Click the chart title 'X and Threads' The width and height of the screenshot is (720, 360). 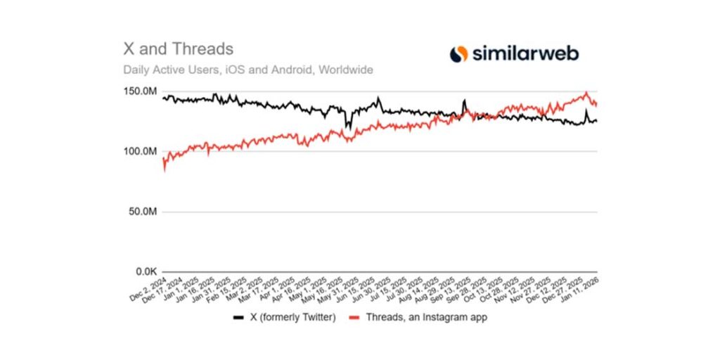coord(179,49)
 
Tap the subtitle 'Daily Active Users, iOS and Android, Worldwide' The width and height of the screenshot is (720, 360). coord(247,70)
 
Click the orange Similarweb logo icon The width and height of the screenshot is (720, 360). coord(458,53)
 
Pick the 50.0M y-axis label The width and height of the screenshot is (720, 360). coord(142,212)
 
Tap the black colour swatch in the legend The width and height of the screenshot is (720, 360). coord(238,318)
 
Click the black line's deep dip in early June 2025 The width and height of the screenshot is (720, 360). coord(347,127)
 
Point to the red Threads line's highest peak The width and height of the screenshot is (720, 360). coord(586,92)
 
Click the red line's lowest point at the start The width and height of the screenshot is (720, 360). coord(163,169)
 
